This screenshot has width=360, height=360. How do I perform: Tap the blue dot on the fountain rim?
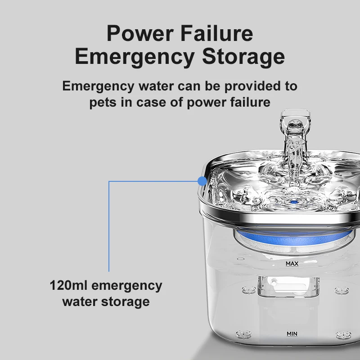[202, 181]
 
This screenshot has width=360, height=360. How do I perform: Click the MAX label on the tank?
[292, 262]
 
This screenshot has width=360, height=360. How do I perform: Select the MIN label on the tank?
[292, 334]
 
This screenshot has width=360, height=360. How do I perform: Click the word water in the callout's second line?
[79, 301]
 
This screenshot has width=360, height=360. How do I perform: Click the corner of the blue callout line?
[109, 181]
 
